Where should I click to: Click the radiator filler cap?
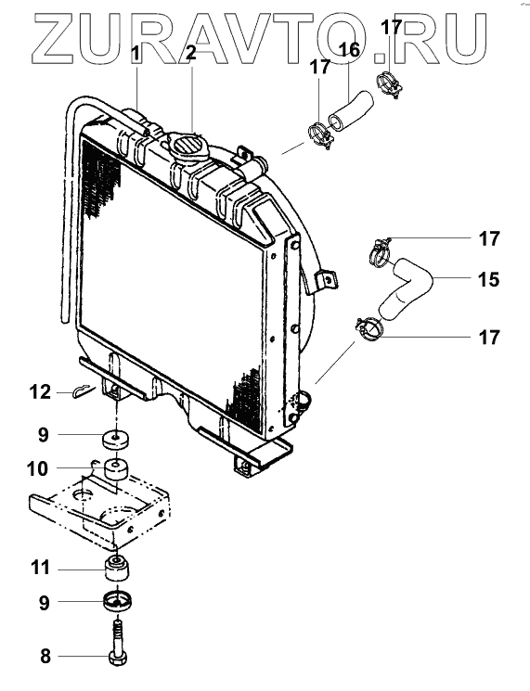187,146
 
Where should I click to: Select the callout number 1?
136,55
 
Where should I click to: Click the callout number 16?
349,51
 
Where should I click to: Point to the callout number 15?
488,279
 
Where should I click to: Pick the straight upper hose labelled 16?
351,110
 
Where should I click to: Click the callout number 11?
40,568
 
